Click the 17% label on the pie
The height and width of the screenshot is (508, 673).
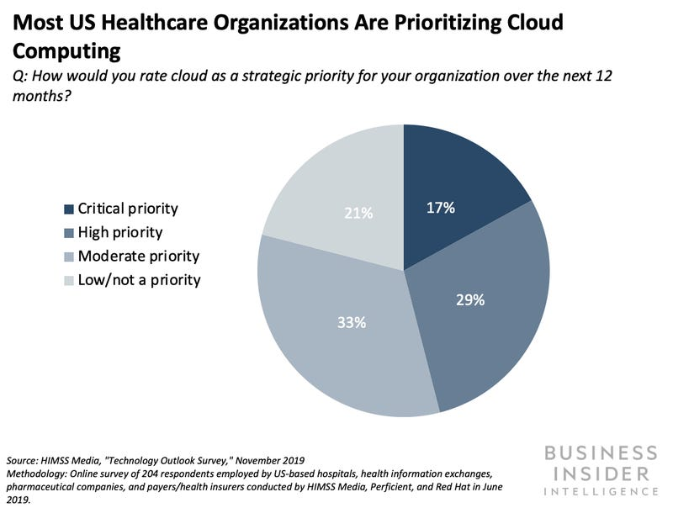pos(439,207)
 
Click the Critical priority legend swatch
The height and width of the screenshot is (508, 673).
pos(68,209)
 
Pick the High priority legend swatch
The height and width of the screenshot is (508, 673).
pos(68,232)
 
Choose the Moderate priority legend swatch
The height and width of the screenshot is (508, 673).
pos(68,256)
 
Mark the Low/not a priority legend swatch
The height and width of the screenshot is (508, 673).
pos(68,279)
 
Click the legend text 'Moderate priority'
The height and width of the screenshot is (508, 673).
pos(139,256)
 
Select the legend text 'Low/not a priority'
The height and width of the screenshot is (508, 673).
pos(139,279)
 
